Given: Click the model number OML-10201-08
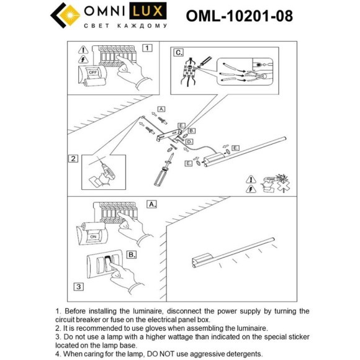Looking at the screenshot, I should [239, 16].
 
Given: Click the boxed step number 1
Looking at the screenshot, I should [146, 47].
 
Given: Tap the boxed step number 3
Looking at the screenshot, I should [78, 286].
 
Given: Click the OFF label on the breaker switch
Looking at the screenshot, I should [92, 71].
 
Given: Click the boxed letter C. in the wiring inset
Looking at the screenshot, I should [179, 52].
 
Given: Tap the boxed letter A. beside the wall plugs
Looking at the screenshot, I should [161, 109].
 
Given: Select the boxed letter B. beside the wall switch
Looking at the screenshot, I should [132, 254].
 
